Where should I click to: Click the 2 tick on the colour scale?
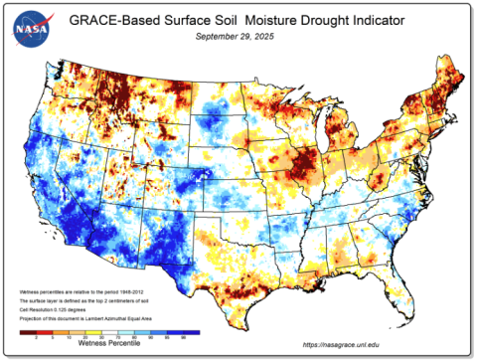[37, 336]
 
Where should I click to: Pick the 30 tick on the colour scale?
[101, 336]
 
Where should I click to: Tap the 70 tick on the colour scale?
[118, 336]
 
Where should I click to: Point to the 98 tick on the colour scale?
[183, 336]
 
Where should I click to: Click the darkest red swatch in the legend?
[28, 331]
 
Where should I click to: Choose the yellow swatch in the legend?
[93, 331]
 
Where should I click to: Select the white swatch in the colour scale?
[109, 331]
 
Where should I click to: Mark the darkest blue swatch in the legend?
[191, 331]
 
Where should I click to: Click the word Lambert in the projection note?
[96, 318]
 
